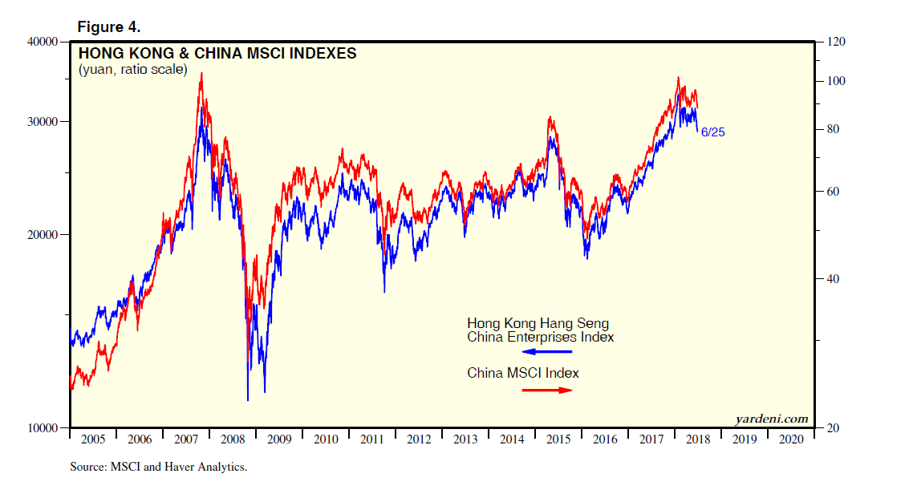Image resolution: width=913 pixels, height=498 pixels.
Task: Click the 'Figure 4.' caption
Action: (x=108, y=26)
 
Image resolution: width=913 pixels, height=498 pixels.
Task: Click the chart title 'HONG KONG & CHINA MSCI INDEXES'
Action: (x=217, y=54)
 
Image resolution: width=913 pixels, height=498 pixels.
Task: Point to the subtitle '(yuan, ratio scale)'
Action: (x=132, y=70)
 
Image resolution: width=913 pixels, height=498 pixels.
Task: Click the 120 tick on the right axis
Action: (x=834, y=42)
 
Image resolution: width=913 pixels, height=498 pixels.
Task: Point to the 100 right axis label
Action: (x=834, y=82)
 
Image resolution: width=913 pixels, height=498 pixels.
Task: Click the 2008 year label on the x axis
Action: (x=233, y=439)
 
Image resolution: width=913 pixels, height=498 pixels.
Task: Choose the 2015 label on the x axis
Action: (x=558, y=439)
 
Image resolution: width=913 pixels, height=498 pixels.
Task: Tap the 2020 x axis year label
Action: (x=791, y=439)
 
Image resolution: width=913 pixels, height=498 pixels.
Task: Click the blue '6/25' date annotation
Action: (x=712, y=132)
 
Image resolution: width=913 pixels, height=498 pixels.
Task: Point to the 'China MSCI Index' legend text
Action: (x=523, y=373)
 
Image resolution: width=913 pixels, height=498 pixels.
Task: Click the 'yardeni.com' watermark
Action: (x=771, y=419)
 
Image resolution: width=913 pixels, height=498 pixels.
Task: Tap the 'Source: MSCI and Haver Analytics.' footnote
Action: (x=158, y=467)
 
